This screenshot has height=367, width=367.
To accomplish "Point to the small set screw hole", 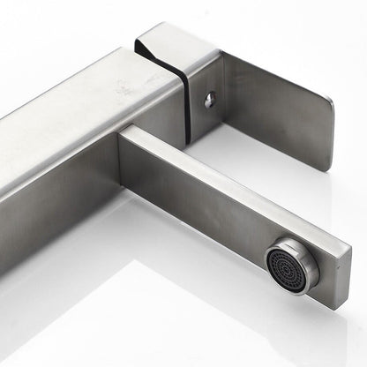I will point(209,100).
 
